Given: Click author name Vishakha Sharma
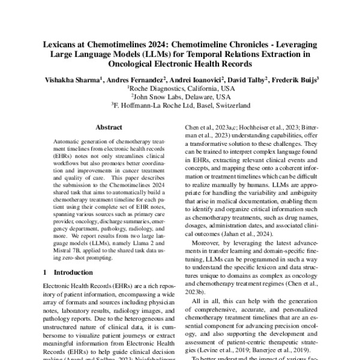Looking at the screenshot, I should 71,79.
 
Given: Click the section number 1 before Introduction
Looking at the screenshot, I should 47,272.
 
